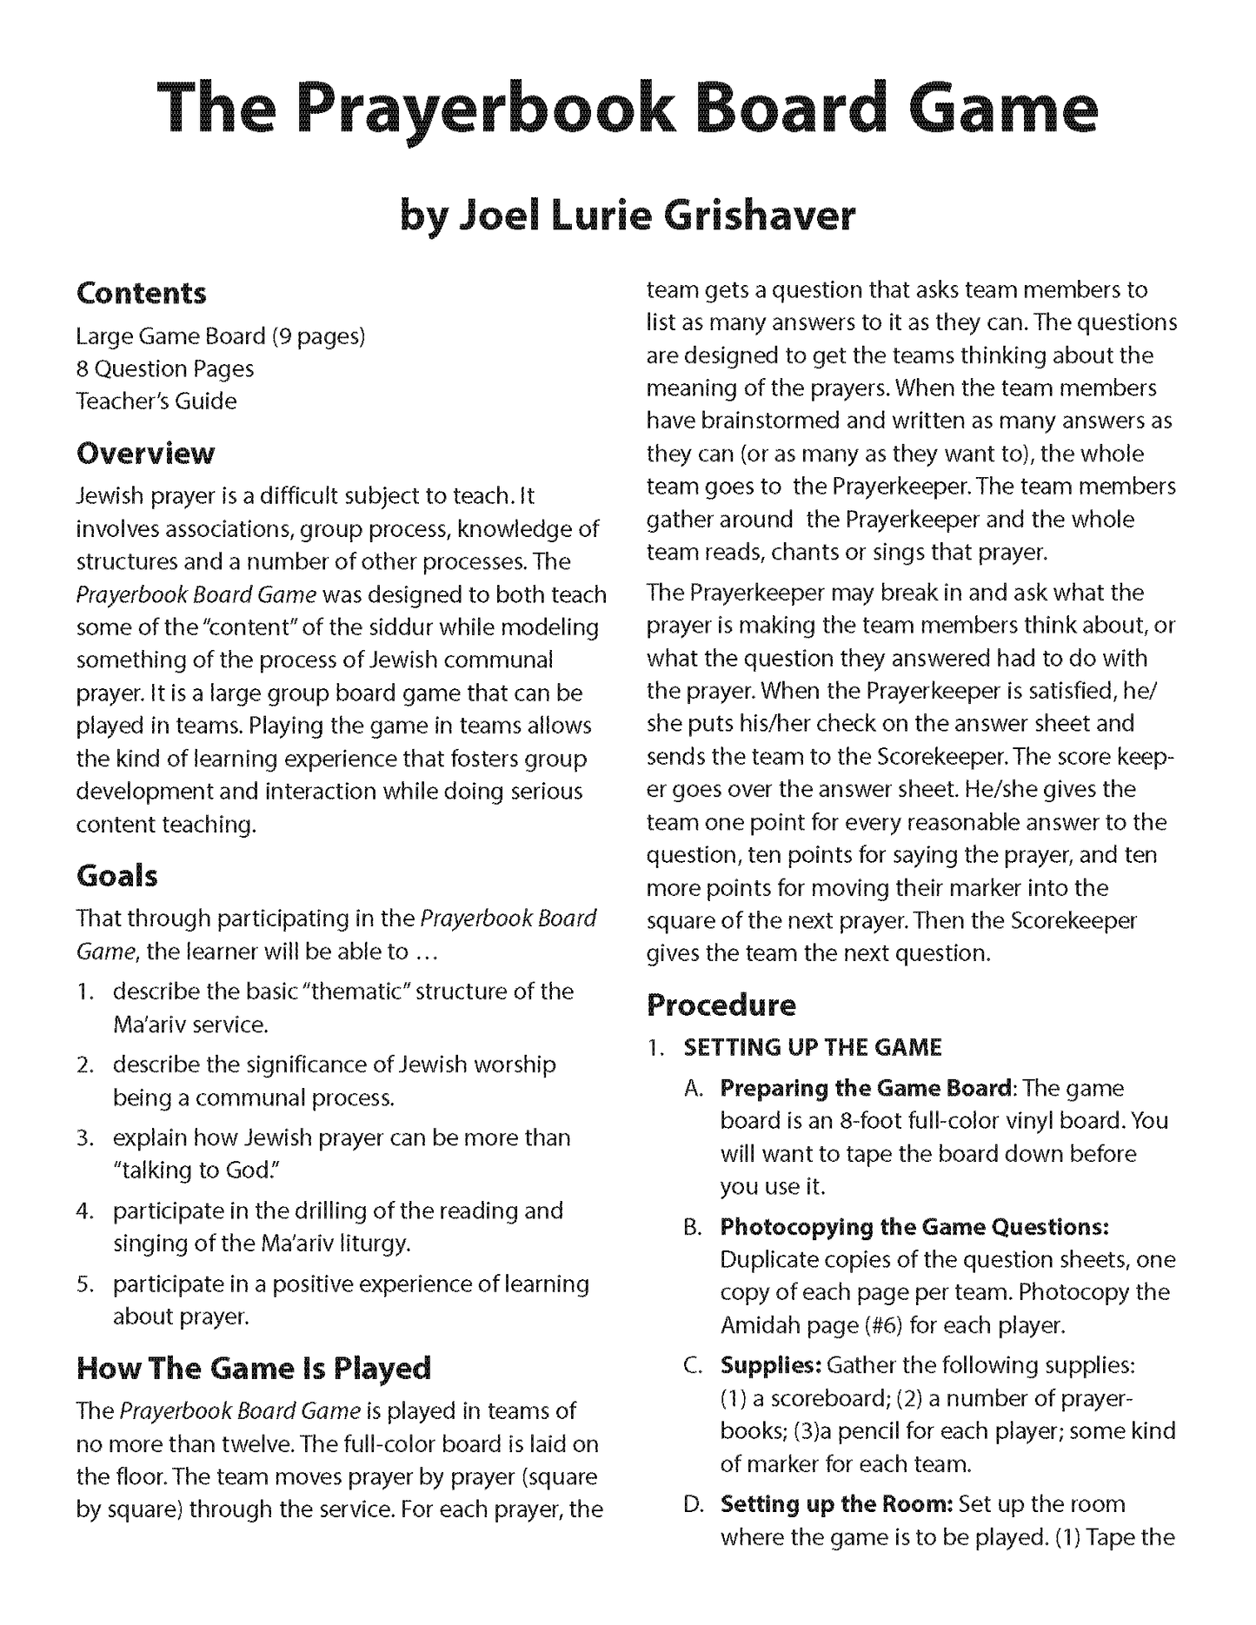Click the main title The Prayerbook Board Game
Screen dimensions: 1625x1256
click(x=628, y=111)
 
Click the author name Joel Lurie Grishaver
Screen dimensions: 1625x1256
click(x=628, y=215)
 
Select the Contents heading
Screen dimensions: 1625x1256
click(x=142, y=293)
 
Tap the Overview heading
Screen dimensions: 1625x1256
click(x=145, y=453)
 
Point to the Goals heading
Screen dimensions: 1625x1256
click(x=117, y=875)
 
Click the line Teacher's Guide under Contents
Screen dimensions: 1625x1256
click(x=156, y=401)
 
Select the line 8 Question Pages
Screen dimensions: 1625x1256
click(x=165, y=368)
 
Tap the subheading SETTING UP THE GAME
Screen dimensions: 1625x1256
click(x=813, y=1047)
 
